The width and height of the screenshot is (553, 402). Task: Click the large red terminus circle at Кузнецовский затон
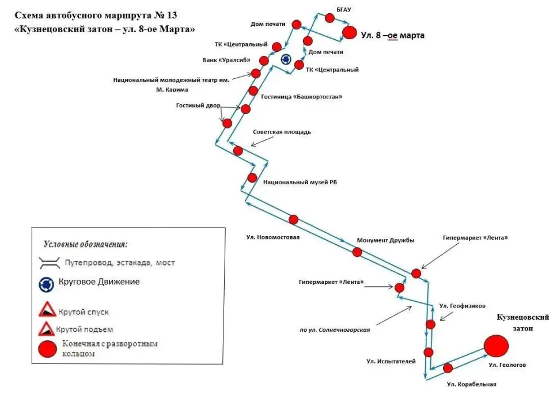pos(496,346)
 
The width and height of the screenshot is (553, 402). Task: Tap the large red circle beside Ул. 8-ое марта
pos(350,33)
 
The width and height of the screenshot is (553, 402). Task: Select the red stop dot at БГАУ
pos(329,18)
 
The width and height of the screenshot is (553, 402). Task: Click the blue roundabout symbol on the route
pos(286,59)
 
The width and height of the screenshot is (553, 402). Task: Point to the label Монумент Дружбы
pos(385,240)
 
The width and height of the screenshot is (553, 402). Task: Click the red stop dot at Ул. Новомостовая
pos(293,219)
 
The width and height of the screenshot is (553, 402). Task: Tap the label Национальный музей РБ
pos(300,183)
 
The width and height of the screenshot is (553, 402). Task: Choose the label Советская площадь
pos(282,132)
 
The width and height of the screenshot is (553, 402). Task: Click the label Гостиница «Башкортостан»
pos(301,96)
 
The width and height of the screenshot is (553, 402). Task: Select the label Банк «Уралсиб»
pos(226,60)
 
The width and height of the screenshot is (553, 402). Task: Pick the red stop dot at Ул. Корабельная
pos(448,368)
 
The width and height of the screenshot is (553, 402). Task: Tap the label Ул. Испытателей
pos(391,361)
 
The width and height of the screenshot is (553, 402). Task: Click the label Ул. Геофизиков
pos(463,306)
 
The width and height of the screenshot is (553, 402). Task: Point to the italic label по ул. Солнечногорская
pos(335,330)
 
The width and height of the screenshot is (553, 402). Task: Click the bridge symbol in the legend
pos(50,263)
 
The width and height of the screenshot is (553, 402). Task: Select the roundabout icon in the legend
pos(46,285)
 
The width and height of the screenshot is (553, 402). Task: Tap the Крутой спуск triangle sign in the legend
pos(47,309)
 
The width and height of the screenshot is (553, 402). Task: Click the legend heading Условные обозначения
pos(86,244)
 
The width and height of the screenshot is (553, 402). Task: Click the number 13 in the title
pos(172,16)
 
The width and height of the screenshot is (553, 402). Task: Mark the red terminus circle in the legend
pos(48,349)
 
